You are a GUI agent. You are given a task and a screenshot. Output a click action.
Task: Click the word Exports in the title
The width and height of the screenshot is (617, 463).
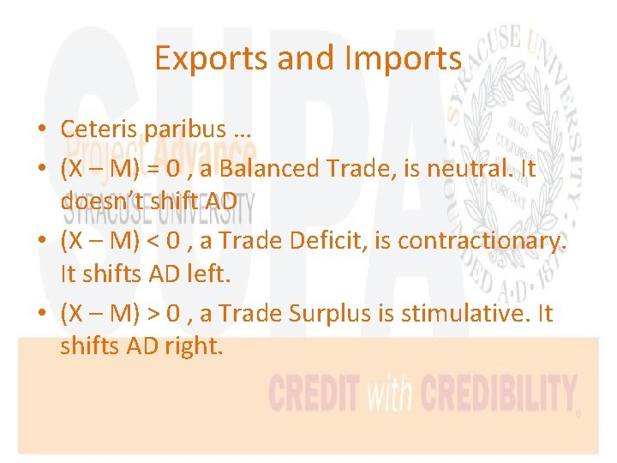(x=206, y=58)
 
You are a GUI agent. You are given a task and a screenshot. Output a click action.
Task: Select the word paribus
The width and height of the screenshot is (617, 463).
(x=183, y=129)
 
